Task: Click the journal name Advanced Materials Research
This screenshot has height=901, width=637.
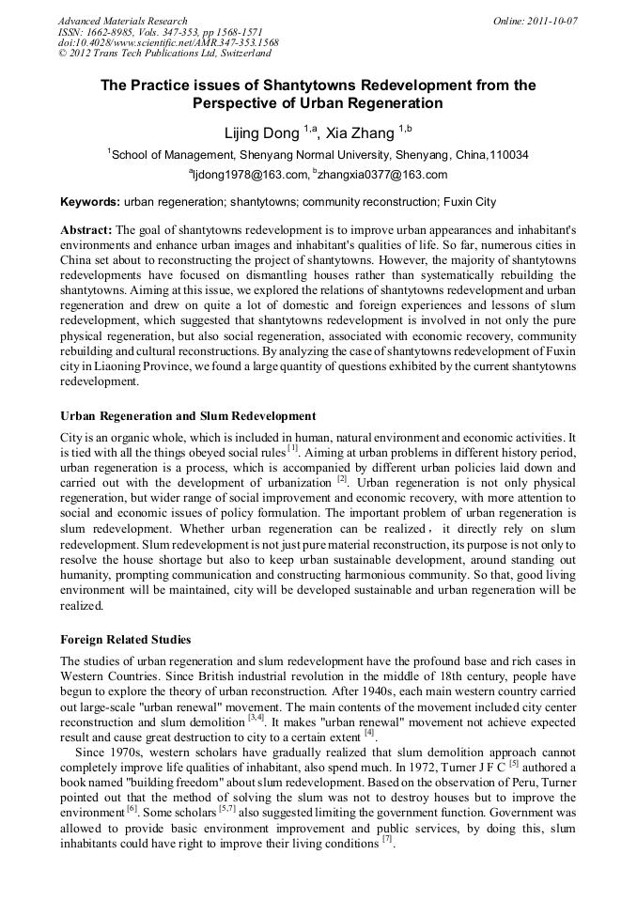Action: (x=122, y=21)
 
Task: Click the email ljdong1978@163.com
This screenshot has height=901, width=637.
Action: (x=251, y=174)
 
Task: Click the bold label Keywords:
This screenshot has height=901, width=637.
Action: (x=90, y=202)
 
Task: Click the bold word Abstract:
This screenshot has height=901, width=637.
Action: (x=86, y=230)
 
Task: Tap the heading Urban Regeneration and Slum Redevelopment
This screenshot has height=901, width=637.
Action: (x=188, y=415)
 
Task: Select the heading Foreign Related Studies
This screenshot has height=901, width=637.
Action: (x=126, y=640)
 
